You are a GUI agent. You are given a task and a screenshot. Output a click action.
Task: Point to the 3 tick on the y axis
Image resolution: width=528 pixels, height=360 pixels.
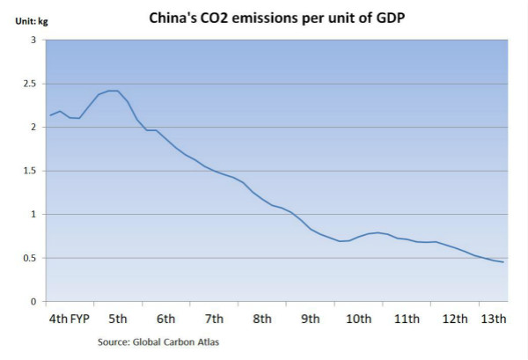tap(34, 40)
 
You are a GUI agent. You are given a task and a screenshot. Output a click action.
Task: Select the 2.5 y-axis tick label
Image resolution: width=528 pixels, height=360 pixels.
tap(31, 84)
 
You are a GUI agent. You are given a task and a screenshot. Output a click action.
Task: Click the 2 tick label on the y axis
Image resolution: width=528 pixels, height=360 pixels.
tap(34, 128)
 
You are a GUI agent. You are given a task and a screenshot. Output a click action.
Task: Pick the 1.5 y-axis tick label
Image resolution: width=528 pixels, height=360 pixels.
tap(31, 171)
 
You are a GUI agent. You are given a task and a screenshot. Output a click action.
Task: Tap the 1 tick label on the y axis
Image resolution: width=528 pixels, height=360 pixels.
tap(34, 214)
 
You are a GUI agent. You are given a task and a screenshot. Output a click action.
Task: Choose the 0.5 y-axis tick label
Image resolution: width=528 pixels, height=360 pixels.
tap(31, 258)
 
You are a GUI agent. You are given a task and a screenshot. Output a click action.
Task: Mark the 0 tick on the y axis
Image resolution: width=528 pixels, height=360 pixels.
tap(34, 301)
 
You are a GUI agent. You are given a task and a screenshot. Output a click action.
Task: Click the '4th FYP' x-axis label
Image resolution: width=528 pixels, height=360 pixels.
tap(70, 319)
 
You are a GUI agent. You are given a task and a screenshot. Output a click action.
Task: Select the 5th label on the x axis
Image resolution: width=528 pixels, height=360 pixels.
tap(118, 319)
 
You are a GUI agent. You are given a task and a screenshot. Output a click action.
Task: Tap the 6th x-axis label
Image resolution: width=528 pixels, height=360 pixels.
tap(165, 319)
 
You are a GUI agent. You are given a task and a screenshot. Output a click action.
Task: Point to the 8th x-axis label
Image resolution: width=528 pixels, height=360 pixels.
tap(261, 319)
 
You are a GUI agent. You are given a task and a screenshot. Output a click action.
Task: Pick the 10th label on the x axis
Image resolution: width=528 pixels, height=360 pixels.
tap(358, 319)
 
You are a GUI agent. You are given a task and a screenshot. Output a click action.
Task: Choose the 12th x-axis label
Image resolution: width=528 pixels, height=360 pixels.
tap(454, 319)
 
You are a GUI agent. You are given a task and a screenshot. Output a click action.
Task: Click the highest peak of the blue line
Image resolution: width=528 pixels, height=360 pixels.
tap(113, 91)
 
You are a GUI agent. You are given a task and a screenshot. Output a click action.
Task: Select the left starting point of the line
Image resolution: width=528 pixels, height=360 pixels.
tap(50, 115)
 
